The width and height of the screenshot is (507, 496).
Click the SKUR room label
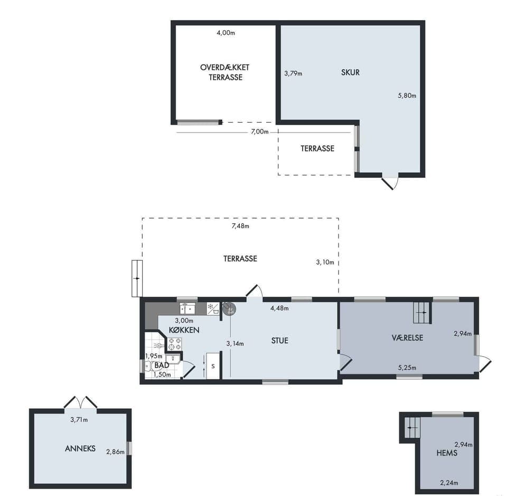[x=350, y=72]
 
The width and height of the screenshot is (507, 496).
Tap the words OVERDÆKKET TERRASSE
[x=225, y=72]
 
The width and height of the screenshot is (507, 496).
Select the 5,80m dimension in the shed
[x=407, y=96]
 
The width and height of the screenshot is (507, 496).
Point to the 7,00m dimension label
[x=260, y=132]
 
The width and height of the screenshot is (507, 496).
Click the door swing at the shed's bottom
[x=390, y=183]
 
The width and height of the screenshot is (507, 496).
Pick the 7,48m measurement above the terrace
[x=240, y=226]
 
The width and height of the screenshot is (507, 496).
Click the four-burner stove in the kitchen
[x=175, y=344]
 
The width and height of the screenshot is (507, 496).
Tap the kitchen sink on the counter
[x=187, y=308]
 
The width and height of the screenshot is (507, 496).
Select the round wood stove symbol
[x=230, y=309]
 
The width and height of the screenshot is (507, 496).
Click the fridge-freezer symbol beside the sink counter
[x=213, y=309]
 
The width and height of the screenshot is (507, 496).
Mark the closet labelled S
[x=213, y=366]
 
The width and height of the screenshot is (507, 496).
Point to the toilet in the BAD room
[x=152, y=367]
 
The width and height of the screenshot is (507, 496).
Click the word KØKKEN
[x=184, y=330]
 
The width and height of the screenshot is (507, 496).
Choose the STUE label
[x=280, y=341]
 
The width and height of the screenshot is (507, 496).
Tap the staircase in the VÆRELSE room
[x=422, y=313]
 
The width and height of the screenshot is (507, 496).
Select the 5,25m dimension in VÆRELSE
[x=407, y=368]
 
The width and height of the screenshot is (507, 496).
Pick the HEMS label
[x=447, y=453]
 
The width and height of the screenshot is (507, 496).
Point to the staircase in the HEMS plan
[x=412, y=427]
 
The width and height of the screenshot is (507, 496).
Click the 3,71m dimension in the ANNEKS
[x=79, y=420]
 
